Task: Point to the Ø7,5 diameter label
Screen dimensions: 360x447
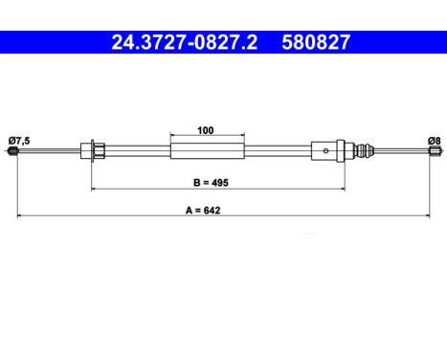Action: point(21,141)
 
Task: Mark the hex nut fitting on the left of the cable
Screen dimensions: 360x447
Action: point(95,149)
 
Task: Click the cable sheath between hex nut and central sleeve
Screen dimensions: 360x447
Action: point(139,149)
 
